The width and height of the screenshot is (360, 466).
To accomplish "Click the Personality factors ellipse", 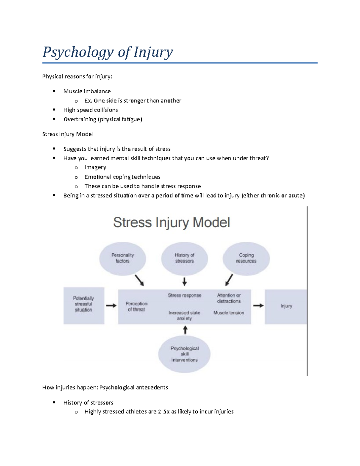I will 122,258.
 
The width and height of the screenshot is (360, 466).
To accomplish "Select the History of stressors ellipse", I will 184,258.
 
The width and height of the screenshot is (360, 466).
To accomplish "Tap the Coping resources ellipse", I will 246,258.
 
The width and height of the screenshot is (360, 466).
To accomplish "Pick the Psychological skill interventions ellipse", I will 184,354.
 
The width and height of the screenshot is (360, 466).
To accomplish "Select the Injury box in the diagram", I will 286,306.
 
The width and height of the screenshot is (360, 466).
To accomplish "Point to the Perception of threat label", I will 136,307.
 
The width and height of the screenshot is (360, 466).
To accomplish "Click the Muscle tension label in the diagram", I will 229,313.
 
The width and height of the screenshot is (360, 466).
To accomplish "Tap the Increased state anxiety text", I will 184,315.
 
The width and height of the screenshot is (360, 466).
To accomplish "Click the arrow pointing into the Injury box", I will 258,306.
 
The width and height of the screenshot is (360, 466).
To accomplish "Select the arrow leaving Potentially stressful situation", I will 111,306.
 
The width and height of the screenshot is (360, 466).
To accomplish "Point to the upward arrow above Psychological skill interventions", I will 185,330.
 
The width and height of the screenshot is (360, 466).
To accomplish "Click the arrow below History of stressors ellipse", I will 184,281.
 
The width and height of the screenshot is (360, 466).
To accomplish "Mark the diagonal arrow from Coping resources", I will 229,280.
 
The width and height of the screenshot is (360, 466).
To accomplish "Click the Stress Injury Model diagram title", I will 171,223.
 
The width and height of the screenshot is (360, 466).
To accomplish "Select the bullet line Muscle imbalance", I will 87,91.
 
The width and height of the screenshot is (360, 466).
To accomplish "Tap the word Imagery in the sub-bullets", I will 95,167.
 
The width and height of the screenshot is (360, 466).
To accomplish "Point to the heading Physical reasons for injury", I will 77,77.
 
